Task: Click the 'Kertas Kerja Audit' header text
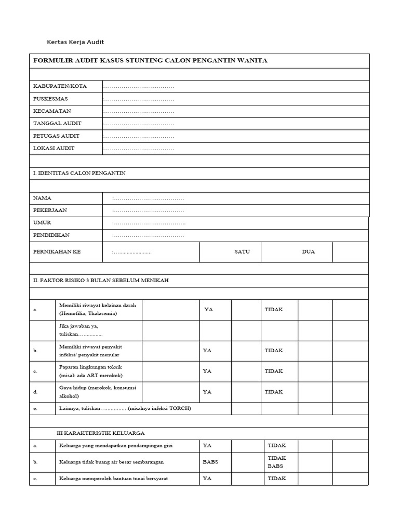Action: [x=72, y=42]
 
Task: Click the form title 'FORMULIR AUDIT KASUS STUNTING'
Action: [x=150, y=61]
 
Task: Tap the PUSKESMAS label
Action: [x=50, y=99]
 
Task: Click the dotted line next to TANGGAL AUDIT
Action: [x=138, y=124]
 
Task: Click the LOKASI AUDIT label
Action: [x=54, y=149]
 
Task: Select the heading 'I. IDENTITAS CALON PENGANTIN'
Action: [x=79, y=174]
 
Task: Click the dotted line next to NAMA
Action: [x=148, y=198]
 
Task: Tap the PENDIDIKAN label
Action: [x=51, y=235]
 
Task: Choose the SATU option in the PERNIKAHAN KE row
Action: [x=242, y=252]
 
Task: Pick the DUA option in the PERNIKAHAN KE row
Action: [x=308, y=252]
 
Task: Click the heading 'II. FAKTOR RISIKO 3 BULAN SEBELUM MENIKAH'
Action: [x=101, y=281]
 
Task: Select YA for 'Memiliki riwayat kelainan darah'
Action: [x=209, y=310]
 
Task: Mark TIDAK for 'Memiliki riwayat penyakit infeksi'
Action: [x=274, y=351]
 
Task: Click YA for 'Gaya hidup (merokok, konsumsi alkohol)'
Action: [x=207, y=392]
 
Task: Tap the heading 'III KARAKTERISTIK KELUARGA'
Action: [x=100, y=433]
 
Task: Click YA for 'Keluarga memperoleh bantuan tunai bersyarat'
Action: [x=207, y=478]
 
